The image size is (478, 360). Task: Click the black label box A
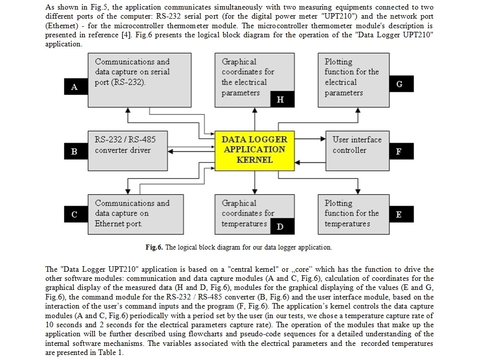(x=76, y=87)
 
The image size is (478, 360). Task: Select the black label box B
(x=76, y=151)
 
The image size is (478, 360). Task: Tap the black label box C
(x=76, y=214)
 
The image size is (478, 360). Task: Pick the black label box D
(x=282, y=226)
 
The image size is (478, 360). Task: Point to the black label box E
(x=401, y=214)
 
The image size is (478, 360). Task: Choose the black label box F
(x=401, y=151)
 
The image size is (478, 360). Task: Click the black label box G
(x=401, y=84)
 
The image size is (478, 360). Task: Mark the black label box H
(x=282, y=99)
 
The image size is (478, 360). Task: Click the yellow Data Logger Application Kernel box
(x=254, y=151)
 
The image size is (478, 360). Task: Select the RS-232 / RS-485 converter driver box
(x=128, y=151)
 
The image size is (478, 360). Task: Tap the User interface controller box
(x=358, y=151)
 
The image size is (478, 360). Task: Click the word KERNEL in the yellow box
(x=254, y=160)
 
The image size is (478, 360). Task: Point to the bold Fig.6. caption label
(x=154, y=247)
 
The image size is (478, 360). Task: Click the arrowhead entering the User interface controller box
(x=323, y=139)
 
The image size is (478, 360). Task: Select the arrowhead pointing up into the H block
(x=255, y=110)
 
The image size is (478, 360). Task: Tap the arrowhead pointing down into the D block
(x=255, y=192)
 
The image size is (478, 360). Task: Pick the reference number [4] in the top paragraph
(x=126, y=35)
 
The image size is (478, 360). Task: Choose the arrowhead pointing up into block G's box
(x=358, y=110)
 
